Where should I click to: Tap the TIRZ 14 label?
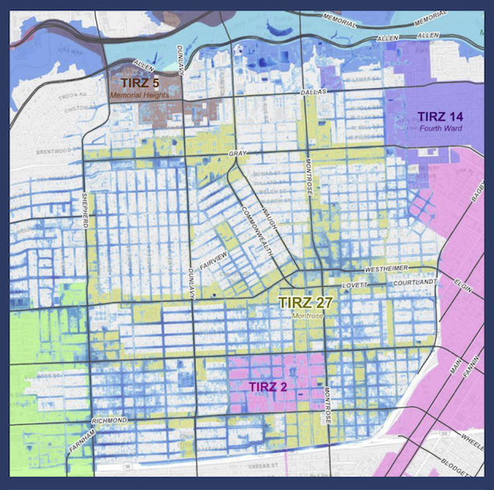(x=443, y=116)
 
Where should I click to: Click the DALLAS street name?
(x=313, y=92)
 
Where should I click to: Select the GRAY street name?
(x=237, y=154)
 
